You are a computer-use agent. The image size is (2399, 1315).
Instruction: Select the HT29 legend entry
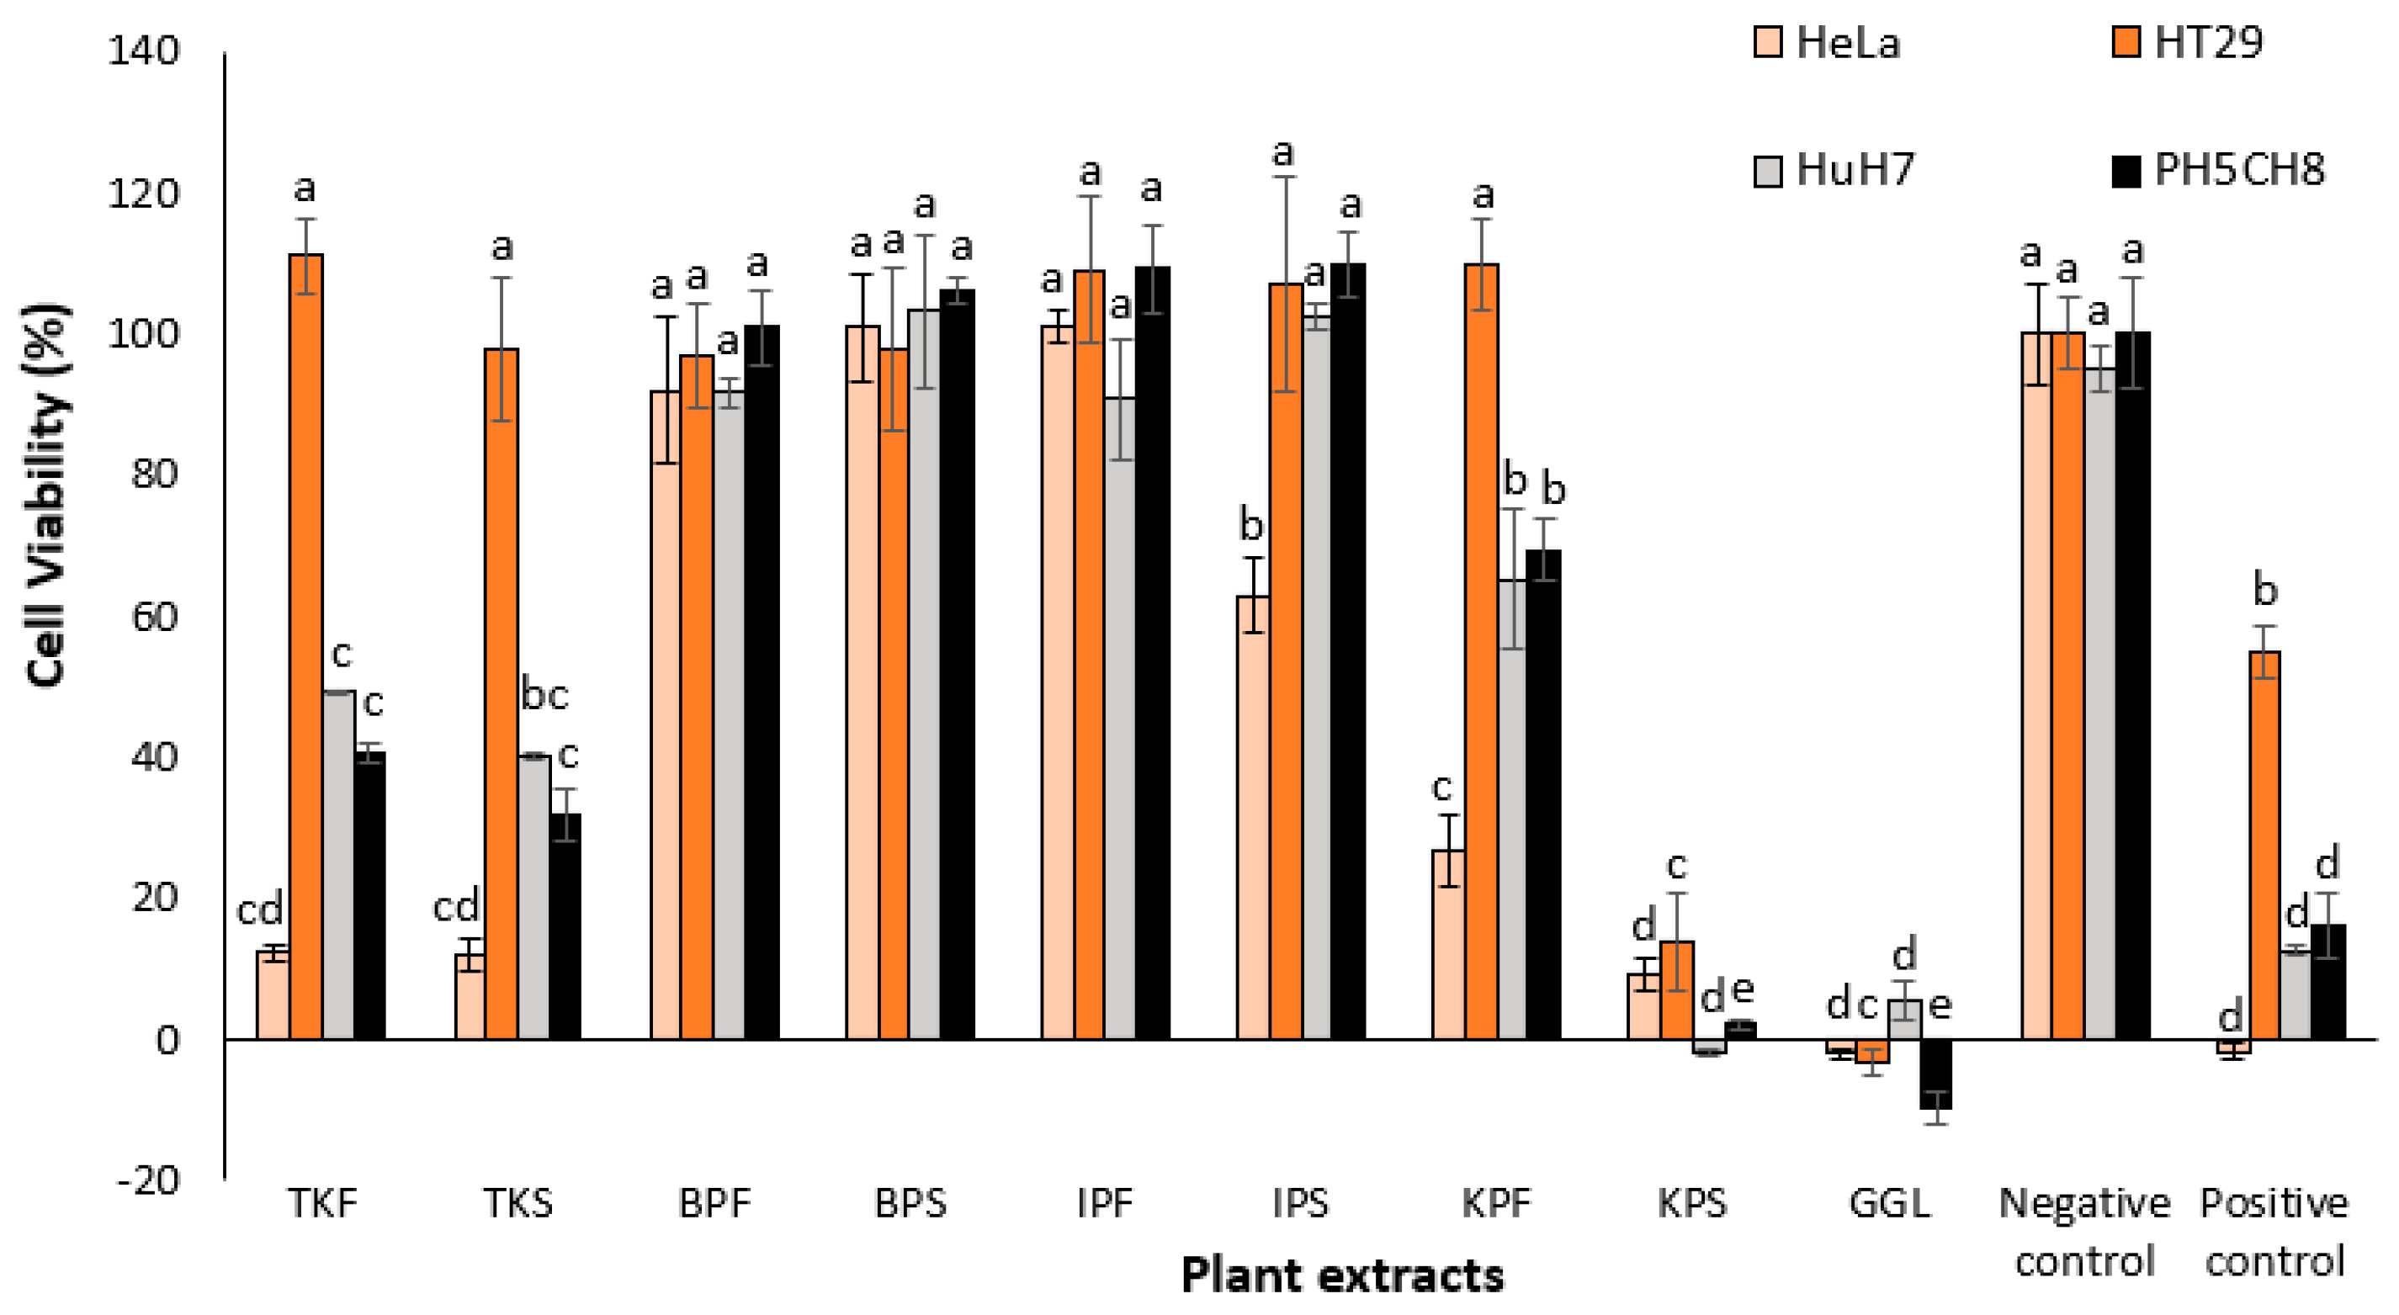click(x=2188, y=43)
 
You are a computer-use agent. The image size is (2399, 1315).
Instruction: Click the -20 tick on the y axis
click(x=148, y=1181)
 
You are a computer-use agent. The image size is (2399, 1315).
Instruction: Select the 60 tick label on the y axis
click(x=154, y=616)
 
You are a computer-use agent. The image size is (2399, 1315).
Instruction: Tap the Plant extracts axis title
click(x=1342, y=1275)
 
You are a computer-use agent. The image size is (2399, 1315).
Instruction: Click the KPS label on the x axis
click(x=1692, y=1203)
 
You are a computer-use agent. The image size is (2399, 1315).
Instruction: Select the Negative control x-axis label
click(x=2084, y=1231)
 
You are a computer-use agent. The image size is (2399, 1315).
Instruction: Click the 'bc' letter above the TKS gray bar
click(x=544, y=695)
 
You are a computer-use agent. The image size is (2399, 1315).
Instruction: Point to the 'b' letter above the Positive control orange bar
click(x=2265, y=591)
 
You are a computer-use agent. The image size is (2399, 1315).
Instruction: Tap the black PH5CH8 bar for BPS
click(x=957, y=663)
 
